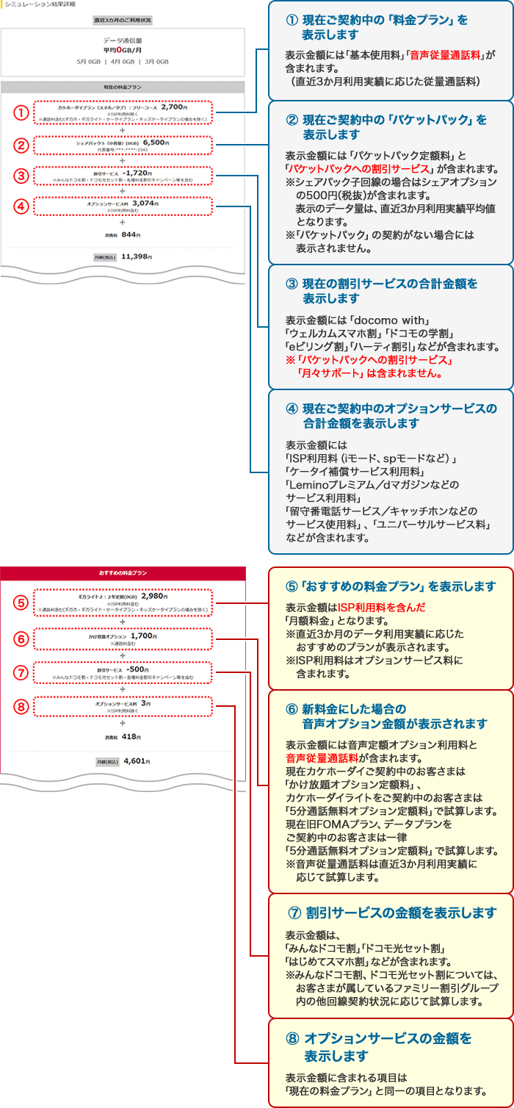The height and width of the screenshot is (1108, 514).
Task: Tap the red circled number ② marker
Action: [x=21, y=145]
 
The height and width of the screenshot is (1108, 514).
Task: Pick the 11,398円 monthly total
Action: [x=136, y=256]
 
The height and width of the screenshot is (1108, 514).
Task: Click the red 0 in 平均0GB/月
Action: [x=119, y=50]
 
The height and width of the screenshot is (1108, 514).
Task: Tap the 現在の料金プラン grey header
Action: [x=123, y=87]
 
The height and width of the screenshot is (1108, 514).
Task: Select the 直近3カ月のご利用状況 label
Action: [x=123, y=20]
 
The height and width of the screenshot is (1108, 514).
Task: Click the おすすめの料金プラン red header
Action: [x=123, y=572]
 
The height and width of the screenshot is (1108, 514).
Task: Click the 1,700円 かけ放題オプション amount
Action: [x=145, y=636]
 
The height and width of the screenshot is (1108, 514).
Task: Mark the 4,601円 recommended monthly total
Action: [x=136, y=761]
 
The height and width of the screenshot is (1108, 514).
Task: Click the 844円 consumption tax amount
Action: [x=130, y=235]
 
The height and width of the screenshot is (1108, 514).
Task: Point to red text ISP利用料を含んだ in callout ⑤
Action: [x=381, y=608]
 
